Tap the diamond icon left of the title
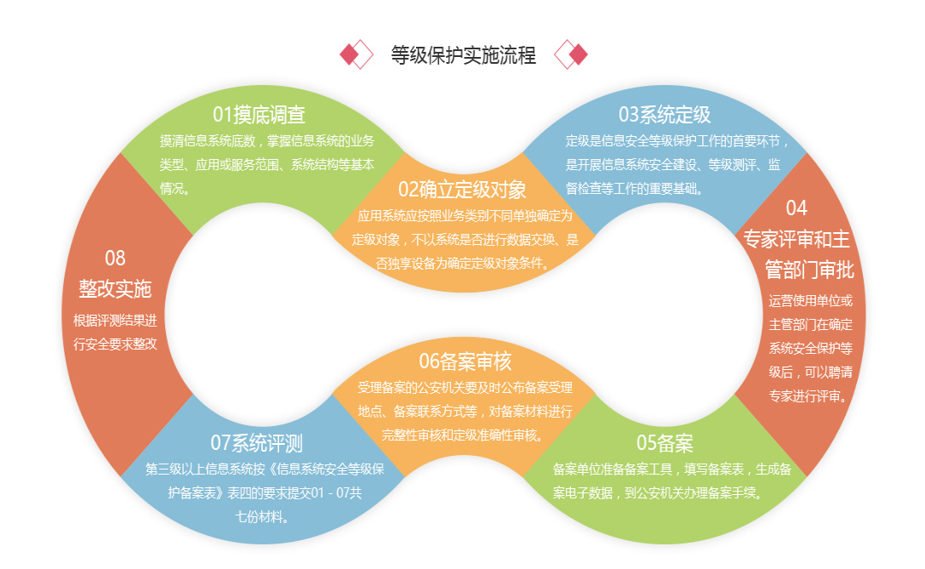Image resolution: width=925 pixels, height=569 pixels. coord(357,54)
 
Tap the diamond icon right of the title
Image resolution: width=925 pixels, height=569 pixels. coord(571,54)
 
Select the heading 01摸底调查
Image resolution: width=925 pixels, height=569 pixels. coord(259,114)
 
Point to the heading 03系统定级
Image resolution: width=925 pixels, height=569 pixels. coord(665,114)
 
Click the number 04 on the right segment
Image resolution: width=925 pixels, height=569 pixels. coord(797,208)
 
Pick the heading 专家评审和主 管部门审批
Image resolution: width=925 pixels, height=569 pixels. coord(797,254)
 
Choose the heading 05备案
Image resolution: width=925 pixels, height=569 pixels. coord(665,442)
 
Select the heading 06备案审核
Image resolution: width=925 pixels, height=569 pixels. coord(465,361)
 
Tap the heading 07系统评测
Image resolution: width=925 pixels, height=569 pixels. coord(256,442)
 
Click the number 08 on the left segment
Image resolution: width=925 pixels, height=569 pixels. coord(115,258)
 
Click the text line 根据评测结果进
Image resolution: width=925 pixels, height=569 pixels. coord(115,321)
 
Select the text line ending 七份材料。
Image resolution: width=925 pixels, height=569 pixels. coord(256,515)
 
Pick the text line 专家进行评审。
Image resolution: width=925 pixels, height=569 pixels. coord(808,395)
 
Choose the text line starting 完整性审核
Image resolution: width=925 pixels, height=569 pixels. coord(464,435)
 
